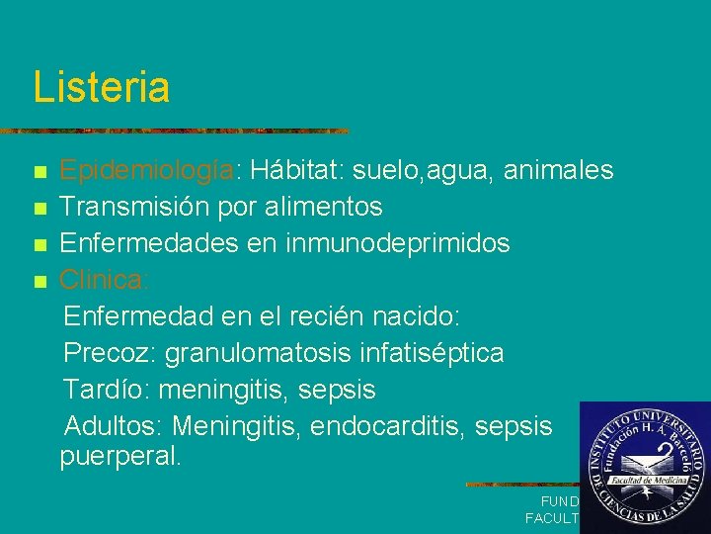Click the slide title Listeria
pyautogui.click(x=102, y=87)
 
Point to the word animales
pyautogui.click(x=558, y=171)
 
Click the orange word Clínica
pyautogui.click(x=102, y=280)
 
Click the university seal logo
pyautogui.click(x=643, y=466)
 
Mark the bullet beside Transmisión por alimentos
pyautogui.click(x=39, y=209)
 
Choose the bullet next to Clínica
pyautogui.click(x=39, y=282)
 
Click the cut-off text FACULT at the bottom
pyautogui.click(x=552, y=518)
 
